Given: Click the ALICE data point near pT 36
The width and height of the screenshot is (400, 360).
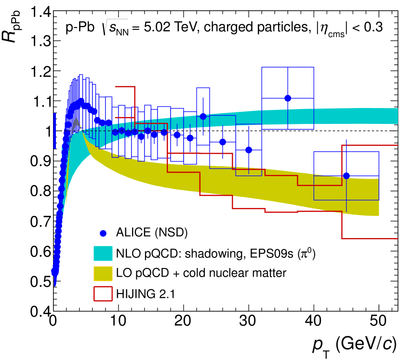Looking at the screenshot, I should tap(288, 98).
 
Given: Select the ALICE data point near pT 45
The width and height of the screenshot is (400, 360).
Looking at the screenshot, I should tap(346, 176).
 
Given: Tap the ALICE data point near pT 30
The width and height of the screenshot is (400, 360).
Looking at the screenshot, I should tap(249, 150).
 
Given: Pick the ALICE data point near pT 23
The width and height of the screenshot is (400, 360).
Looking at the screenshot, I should tap(203, 117).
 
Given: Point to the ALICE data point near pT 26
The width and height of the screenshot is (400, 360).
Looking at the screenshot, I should tap(223, 142).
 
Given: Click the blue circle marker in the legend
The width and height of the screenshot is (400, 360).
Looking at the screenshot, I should tap(103, 233).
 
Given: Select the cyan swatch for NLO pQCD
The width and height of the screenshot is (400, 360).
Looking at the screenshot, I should tap(103, 253).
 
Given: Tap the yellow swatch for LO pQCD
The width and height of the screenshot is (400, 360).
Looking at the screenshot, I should tap(103, 273).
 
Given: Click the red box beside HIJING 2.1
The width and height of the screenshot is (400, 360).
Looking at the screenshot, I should tap(103, 292).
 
